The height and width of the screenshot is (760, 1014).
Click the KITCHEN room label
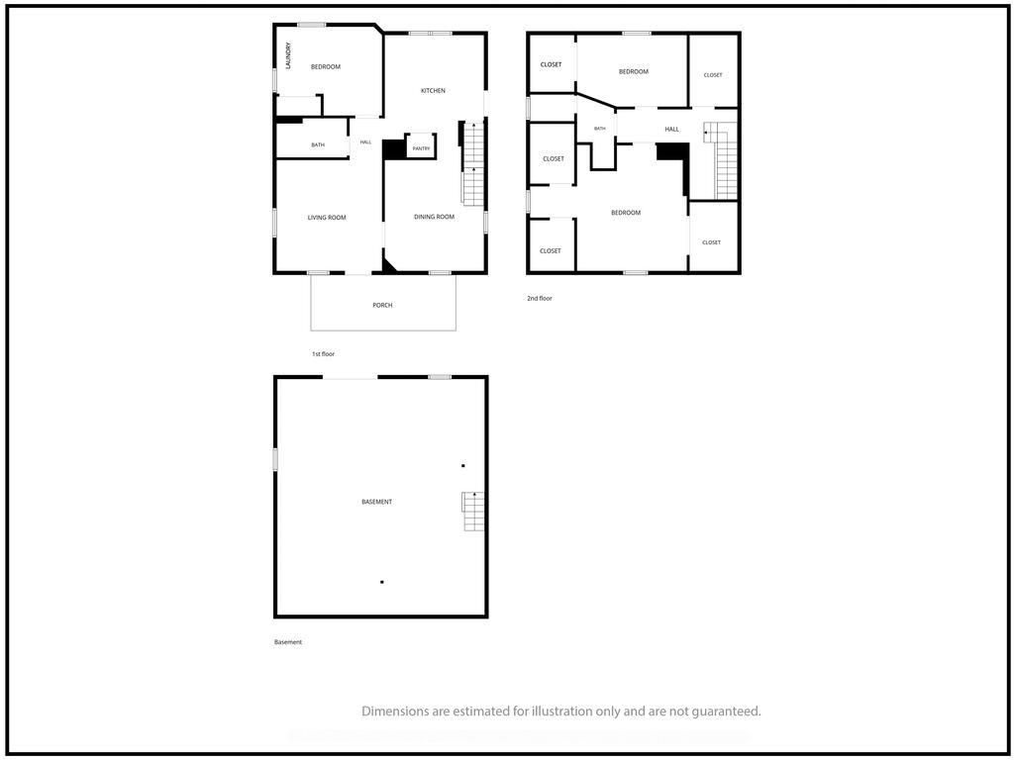click(x=433, y=90)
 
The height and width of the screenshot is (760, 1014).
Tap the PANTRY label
click(x=421, y=148)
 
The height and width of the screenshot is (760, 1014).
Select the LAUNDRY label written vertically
click(x=288, y=55)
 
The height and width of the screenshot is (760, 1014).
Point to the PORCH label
click(x=382, y=305)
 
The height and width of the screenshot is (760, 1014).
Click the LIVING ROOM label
click(x=327, y=218)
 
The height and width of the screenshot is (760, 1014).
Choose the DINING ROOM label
click(x=434, y=217)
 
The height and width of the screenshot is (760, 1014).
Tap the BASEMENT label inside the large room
click(x=376, y=502)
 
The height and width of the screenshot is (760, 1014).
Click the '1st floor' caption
click(x=324, y=354)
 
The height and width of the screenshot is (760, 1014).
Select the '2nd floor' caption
click(x=540, y=299)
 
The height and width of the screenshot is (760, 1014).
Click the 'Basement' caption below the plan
click(x=288, y=642)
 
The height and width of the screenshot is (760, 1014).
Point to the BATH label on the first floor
click(x=318, y=144)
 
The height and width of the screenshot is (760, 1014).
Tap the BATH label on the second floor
click(x=599, y=129)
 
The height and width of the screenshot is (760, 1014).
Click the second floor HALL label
click(x=672, y=130)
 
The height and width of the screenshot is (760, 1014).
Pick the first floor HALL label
click(x=365, y=142)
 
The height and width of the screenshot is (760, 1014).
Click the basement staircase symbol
click(x=473, y=512)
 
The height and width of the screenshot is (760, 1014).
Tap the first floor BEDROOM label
click(x=325, y=66)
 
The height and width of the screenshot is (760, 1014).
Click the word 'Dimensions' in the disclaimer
click(x=394, y=712)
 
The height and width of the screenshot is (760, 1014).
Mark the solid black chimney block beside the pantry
click(x=392, y=150)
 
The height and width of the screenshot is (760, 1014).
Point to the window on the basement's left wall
click(x=275, y=460)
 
